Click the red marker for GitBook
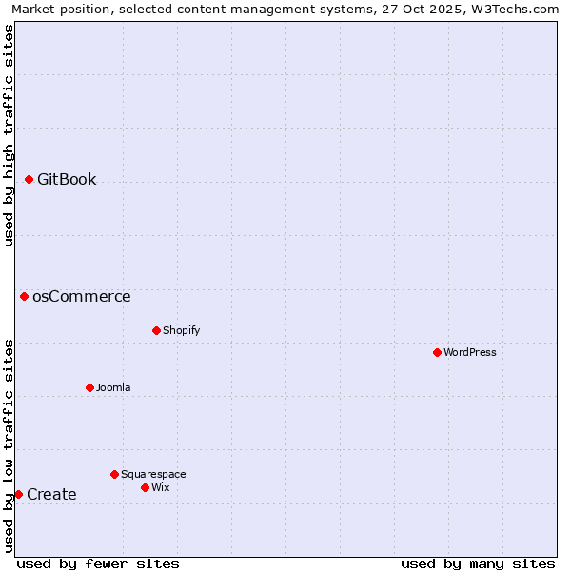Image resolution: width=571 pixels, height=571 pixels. (x=29, y=179)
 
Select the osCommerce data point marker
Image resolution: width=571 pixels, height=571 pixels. (x=24, y=296)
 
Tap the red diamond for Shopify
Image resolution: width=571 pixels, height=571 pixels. (x=156, y=330)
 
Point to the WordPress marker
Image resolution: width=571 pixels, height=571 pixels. (x=437, y=352)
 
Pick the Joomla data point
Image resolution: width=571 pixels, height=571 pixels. (x=89, y=387)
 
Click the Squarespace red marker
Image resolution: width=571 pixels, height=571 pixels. (x=114, y=474)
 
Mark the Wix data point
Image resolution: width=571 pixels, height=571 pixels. (x=145, y=487)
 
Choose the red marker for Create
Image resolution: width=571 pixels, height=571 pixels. (x=18, y=494)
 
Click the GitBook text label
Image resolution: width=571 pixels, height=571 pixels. (x=67, y=179)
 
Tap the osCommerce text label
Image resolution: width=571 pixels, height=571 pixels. (x=82, y=296)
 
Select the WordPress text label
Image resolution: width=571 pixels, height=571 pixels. (x=470, y=352)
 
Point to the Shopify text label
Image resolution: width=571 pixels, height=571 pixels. (x=181, y=330)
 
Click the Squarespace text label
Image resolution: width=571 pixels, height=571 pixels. (x=153, y=474)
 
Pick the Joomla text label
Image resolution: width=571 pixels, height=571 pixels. (x=113, y=387)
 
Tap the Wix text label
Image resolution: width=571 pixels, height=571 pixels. (x=160, y=487)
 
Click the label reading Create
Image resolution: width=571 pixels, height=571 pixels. (x=51, y=494)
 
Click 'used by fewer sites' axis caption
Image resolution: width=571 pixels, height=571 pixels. (x=98, y=563)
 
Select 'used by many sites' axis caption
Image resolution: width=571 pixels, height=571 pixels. (x=478, y=563)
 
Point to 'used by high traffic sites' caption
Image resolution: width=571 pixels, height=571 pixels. (x=9, y=135)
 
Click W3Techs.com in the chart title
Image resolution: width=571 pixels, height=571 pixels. (x=514, y=10)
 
